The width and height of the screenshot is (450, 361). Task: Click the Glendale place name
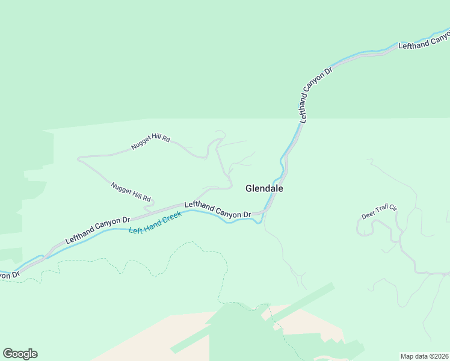click(x=264, y=188)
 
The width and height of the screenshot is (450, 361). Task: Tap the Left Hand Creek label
click(x=155, y=223)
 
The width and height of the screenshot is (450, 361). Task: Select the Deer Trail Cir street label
click(x=380, y=212)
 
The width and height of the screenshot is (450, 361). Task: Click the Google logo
click(x=20, y=354)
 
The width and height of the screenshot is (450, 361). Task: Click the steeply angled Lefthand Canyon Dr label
click(x=315, y=96)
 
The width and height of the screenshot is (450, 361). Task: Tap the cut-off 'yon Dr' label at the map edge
click(x=9, y=274)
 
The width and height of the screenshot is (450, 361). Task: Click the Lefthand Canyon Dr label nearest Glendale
click(x=218, y=209)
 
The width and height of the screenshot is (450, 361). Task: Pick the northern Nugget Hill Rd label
click(x=150, y=143)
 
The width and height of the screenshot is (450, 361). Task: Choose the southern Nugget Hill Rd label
click(x=131, y=193)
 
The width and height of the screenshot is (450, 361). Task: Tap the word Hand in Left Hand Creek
click(x=151, y=224)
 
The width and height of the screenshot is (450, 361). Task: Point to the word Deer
click(x=368, y=215)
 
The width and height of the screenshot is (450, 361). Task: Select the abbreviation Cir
click(x=393, y=208)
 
